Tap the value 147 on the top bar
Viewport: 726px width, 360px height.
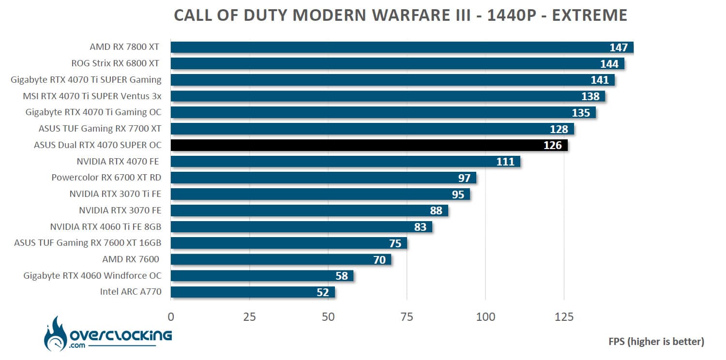click(x=619, y=47)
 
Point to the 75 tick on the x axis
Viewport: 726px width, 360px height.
click(x=407, y=316)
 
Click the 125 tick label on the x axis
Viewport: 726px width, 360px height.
click(x=564, y=316)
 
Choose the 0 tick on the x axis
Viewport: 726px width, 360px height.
click(x=171, y=316)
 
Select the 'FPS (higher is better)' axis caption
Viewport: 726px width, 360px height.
click(x=656, y=341)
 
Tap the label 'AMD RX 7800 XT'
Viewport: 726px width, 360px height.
click(x=124, y=47)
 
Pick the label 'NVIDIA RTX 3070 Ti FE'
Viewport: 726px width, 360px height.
click(x=115, y=194)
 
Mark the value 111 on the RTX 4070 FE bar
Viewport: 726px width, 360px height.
click(x=505, y=162)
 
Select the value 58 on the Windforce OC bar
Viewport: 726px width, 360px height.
click(x=342, y=276)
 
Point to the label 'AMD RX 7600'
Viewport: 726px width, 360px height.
click(x=131, y=259)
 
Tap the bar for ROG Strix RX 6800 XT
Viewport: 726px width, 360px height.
click(x=397, y=63)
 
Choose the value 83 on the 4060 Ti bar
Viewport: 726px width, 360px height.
click(x=420, y=226)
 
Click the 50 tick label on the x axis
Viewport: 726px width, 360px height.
click(x=328, y=316)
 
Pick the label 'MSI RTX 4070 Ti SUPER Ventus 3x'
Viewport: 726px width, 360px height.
click(x=92, y=96)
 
